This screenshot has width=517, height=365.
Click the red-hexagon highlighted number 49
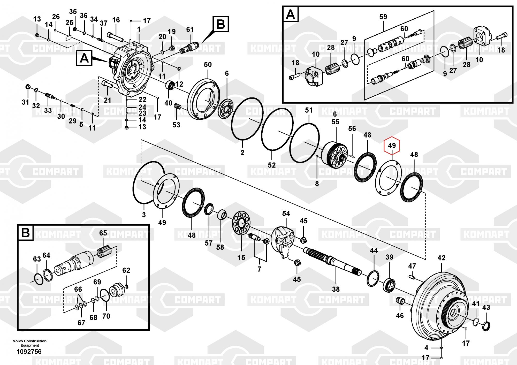(392, 146)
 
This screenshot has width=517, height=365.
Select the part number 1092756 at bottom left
(29, 352)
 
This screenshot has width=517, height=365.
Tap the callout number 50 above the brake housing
(208, 64)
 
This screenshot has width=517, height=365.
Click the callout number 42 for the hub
(442, 258)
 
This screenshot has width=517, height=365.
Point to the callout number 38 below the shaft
(336, 289)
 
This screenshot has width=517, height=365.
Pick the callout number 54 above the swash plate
(286, 214)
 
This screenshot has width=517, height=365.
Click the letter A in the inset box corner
(291, 14)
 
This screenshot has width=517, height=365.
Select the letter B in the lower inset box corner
(25, 233)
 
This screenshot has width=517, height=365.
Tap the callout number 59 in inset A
(383, 17)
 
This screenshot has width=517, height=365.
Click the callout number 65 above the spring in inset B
(103, 233)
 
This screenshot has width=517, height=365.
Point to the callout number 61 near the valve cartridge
(190, 29)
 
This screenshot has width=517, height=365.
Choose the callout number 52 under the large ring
(272, 165)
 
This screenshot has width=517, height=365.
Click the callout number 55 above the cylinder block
(335, 122)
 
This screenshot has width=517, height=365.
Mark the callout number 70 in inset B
(106, 316)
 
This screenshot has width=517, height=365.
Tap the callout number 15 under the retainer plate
(241, 257)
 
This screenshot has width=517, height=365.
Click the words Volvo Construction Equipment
(30, 343)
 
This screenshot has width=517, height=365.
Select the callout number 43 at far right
(486, 308)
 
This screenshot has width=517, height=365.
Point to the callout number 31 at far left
(25, 102)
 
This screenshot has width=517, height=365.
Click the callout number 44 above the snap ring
(374, 250)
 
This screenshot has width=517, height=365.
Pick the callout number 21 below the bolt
(108, 100)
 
